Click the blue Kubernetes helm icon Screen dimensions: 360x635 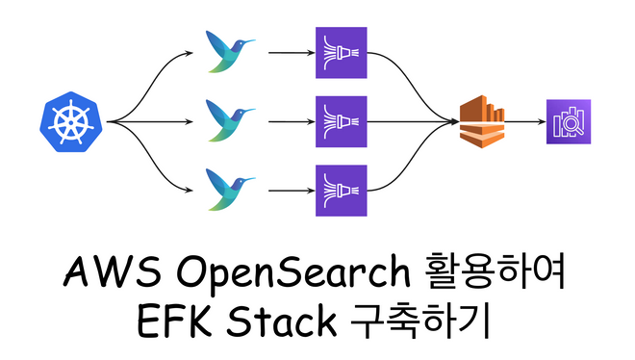click(71, 122)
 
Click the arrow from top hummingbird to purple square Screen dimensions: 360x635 click(288, 54)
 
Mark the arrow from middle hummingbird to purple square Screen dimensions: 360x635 click(288, 122)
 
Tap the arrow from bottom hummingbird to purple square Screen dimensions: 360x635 click(288, 190)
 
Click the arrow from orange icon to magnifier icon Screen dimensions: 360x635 click(523, 122)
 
